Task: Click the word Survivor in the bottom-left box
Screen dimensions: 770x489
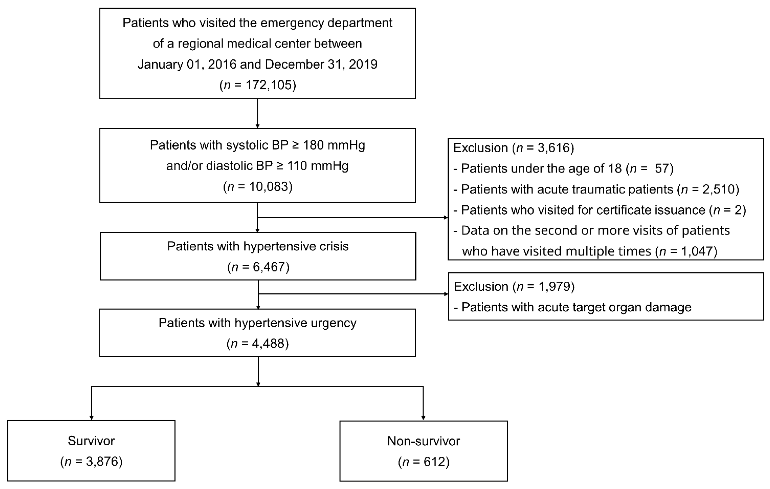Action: pos(91,441)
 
